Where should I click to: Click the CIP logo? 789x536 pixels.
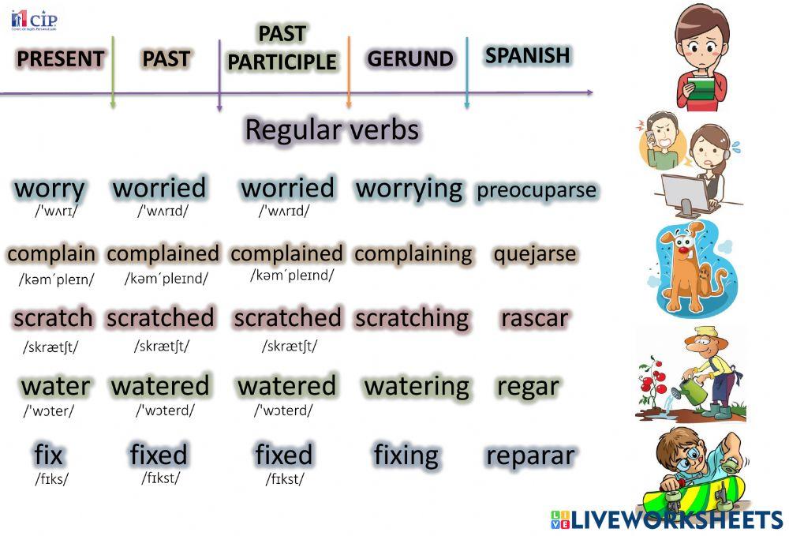tap(34, 20)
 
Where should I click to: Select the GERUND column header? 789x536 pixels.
tap(410, 59)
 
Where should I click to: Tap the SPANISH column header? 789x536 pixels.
tap(527, 55)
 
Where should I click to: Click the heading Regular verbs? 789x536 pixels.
tap(331, 129)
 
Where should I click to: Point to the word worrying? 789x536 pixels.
tap(409, 189)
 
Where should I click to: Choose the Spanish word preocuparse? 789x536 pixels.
tap(537, 191)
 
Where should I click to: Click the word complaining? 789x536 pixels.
tap(413, 254)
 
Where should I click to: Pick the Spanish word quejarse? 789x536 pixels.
tap(535, 255)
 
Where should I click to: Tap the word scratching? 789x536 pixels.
tap(412, 318)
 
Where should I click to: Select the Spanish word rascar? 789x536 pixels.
tap(534, 318)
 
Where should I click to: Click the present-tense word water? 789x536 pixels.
tap(55, 386)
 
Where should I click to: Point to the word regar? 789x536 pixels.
tap(528, 386)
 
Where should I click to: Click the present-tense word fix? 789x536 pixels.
tap(49, 455)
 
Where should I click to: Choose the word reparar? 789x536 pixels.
tap(530, 455)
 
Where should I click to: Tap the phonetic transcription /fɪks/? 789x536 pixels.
tap(51, 478)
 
